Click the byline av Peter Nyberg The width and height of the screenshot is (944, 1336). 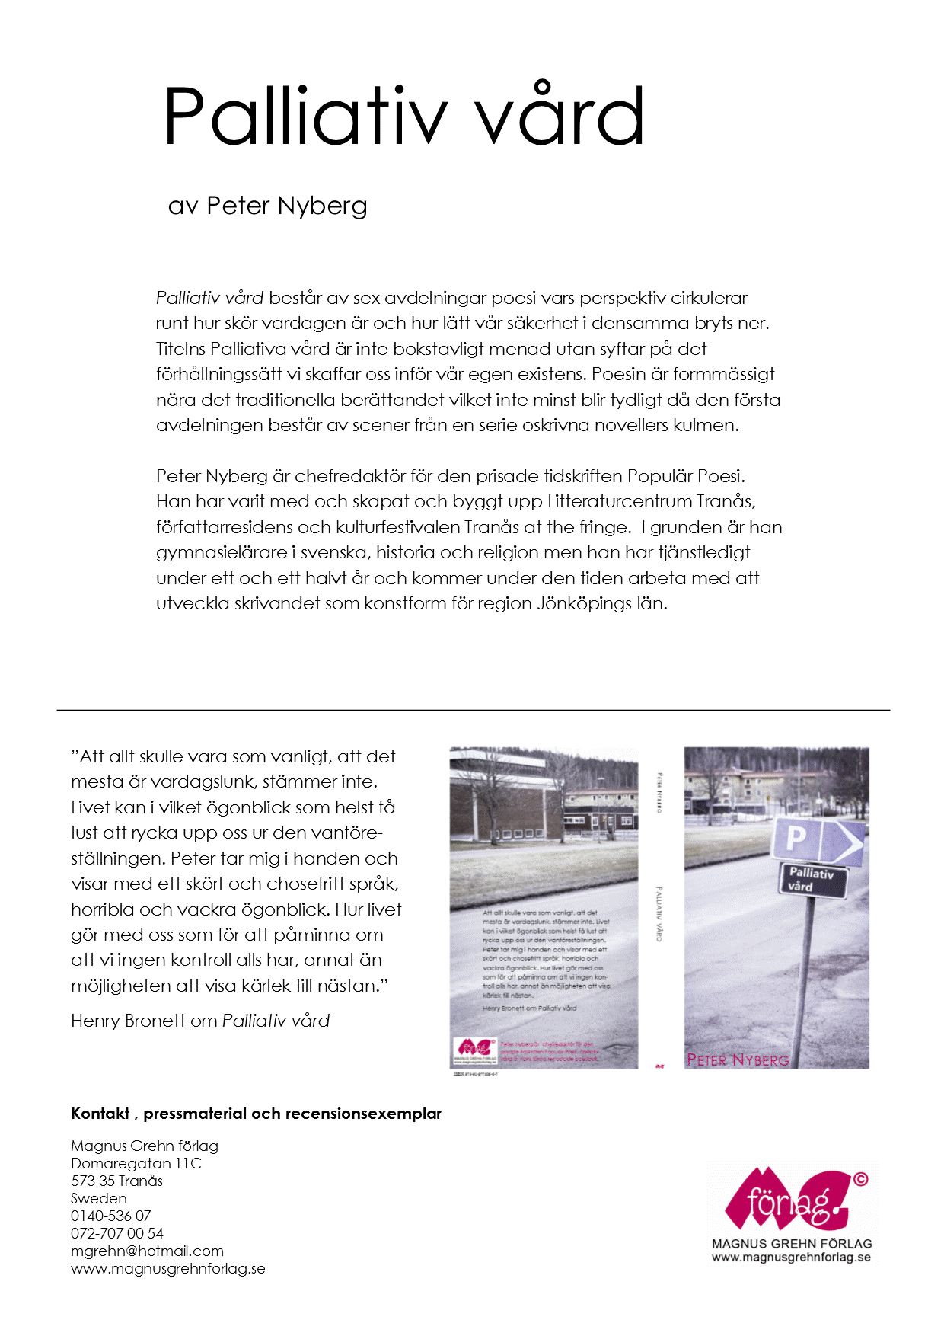[267, 206]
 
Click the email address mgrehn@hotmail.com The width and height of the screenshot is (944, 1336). [147, 1251]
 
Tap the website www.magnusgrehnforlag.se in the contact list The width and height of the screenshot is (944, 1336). [167, 1268]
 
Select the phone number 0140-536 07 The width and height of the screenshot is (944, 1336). [110, 1216]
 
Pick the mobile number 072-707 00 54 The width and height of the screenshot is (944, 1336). [116, 1233]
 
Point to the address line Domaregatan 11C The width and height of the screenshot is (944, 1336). [136, 1163]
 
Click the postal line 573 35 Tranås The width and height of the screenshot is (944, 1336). [116, 1181]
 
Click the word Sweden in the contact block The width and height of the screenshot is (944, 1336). [98, 1198]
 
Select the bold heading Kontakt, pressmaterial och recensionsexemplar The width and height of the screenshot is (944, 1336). [256, 1114]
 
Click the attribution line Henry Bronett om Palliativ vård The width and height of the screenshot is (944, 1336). [199, 1021]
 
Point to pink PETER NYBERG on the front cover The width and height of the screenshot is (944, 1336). [737, 1060]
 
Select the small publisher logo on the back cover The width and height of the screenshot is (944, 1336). [475, 1051]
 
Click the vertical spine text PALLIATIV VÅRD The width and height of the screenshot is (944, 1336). [659, 914]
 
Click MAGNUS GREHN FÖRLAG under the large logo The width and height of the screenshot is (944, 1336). [792, 1243]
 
